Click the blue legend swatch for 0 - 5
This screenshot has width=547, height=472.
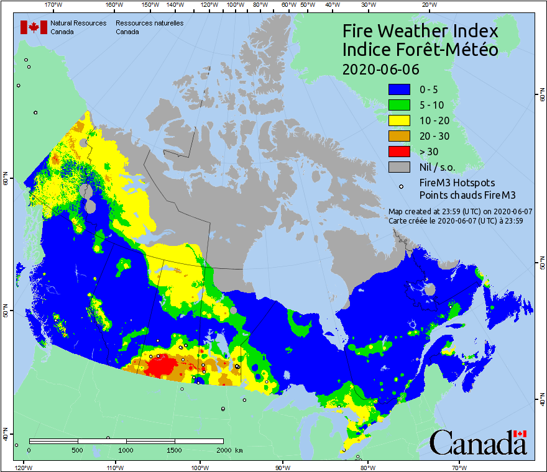point(400,89)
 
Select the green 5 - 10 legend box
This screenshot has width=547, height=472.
point(400,105)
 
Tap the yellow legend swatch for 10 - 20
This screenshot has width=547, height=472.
point(400,120)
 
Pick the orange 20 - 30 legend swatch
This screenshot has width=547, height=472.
point(400,136)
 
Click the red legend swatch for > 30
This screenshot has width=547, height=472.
point(400,152)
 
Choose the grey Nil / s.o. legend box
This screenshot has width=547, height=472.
point(400,167)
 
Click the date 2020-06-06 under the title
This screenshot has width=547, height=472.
point(381,68)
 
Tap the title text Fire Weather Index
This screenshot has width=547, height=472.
point(421,31)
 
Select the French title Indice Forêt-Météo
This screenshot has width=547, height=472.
point(421,50)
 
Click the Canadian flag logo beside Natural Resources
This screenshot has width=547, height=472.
point(30,27)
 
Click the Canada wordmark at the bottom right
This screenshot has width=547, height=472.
point(478,442)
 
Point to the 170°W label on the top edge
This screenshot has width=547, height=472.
point(54,5)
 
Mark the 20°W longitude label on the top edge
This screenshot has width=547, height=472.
point(428,5)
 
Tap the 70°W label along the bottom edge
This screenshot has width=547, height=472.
point(459,466)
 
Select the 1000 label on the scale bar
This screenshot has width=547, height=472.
point(126,450)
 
